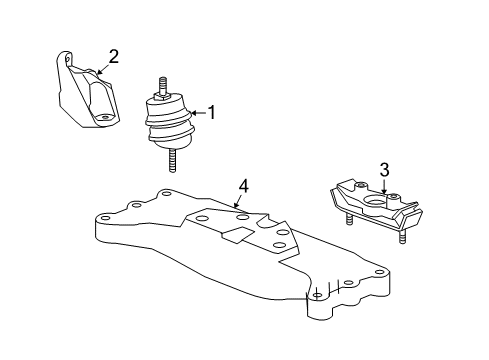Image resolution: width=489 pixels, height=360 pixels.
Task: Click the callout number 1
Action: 210,114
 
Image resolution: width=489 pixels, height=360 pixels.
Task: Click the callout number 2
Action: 113,56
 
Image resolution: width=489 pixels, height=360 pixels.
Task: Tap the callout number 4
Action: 242,185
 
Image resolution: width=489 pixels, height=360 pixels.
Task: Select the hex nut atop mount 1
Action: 161,99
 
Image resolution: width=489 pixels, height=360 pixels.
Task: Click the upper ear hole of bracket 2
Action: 68,62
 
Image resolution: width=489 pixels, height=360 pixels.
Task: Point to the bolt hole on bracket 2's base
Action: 103,118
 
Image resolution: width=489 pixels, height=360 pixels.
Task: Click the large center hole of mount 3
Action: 376,207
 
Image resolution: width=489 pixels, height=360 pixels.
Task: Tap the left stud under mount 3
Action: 345,220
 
